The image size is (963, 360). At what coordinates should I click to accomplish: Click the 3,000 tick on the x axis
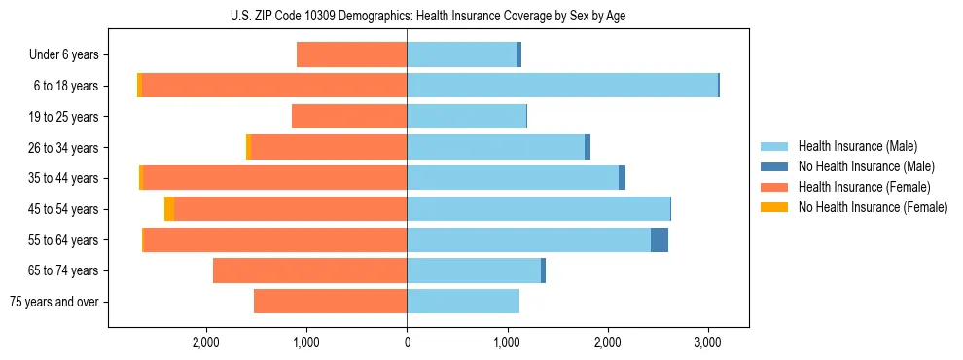pos(707,342)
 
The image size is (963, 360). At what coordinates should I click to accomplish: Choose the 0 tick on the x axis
pos(407,342)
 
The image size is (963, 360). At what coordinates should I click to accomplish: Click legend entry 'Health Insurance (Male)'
pos(857,146)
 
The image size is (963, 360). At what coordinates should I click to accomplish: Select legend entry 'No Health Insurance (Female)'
pos(873,207)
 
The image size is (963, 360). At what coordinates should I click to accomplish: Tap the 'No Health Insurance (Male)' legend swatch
pos(776,166)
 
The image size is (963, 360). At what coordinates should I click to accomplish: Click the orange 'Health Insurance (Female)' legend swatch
pos(776,187)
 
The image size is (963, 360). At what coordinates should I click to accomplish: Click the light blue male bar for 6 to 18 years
pos(562,86)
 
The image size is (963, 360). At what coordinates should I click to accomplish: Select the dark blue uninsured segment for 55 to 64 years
pos(660,239)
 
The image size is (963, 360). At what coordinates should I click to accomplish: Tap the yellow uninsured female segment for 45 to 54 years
pos(169,209)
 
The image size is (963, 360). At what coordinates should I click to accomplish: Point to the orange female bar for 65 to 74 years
pos(309,270)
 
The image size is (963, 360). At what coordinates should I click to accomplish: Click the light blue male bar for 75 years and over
pos(463,302)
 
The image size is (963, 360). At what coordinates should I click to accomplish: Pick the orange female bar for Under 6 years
pos(351,55)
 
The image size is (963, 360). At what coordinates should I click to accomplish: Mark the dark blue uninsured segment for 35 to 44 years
pos(622,178)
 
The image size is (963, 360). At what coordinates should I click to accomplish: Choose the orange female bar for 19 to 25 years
pos(349,117)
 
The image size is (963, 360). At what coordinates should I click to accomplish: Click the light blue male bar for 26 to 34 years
pos(495,147)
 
